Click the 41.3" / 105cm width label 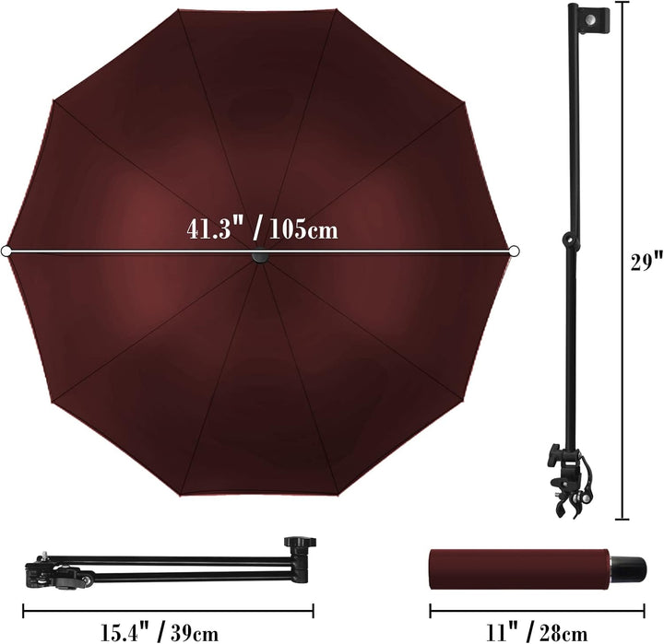[262, 229]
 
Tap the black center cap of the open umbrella [260, 256]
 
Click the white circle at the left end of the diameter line [6, 252]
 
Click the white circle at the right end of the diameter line [514, 252]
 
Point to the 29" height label [646, 262]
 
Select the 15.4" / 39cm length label [160, 632]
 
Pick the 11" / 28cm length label [537, 633]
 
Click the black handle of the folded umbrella [628, 569]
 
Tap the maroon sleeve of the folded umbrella [519, 569]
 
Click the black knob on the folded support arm [301, 543]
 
